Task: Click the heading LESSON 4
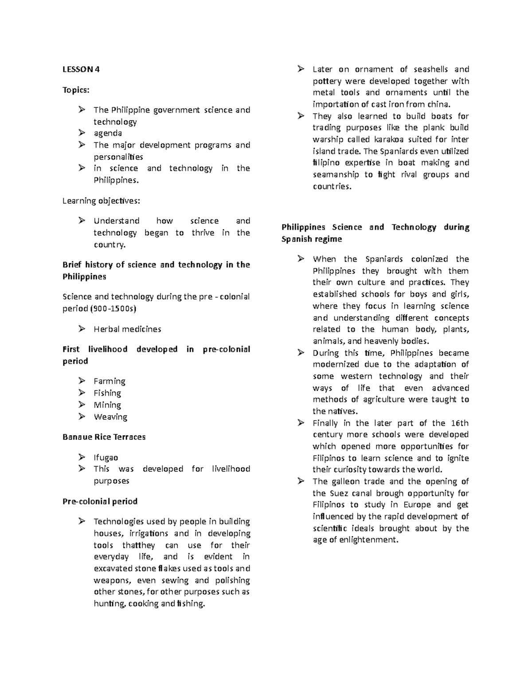(81, 69)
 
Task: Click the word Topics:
(76, 90)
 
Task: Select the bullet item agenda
(108, 133)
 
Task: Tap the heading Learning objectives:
(101, 201)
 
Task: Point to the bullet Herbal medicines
(127, 329)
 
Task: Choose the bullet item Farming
(110, 381)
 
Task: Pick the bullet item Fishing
(107, 393)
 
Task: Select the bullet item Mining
(107, 405)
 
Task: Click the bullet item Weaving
(110, 417)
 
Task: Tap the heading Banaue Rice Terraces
(104, 437)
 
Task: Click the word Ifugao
(106, 457)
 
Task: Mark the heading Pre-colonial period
(100, 501)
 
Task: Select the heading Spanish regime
(312, 239)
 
